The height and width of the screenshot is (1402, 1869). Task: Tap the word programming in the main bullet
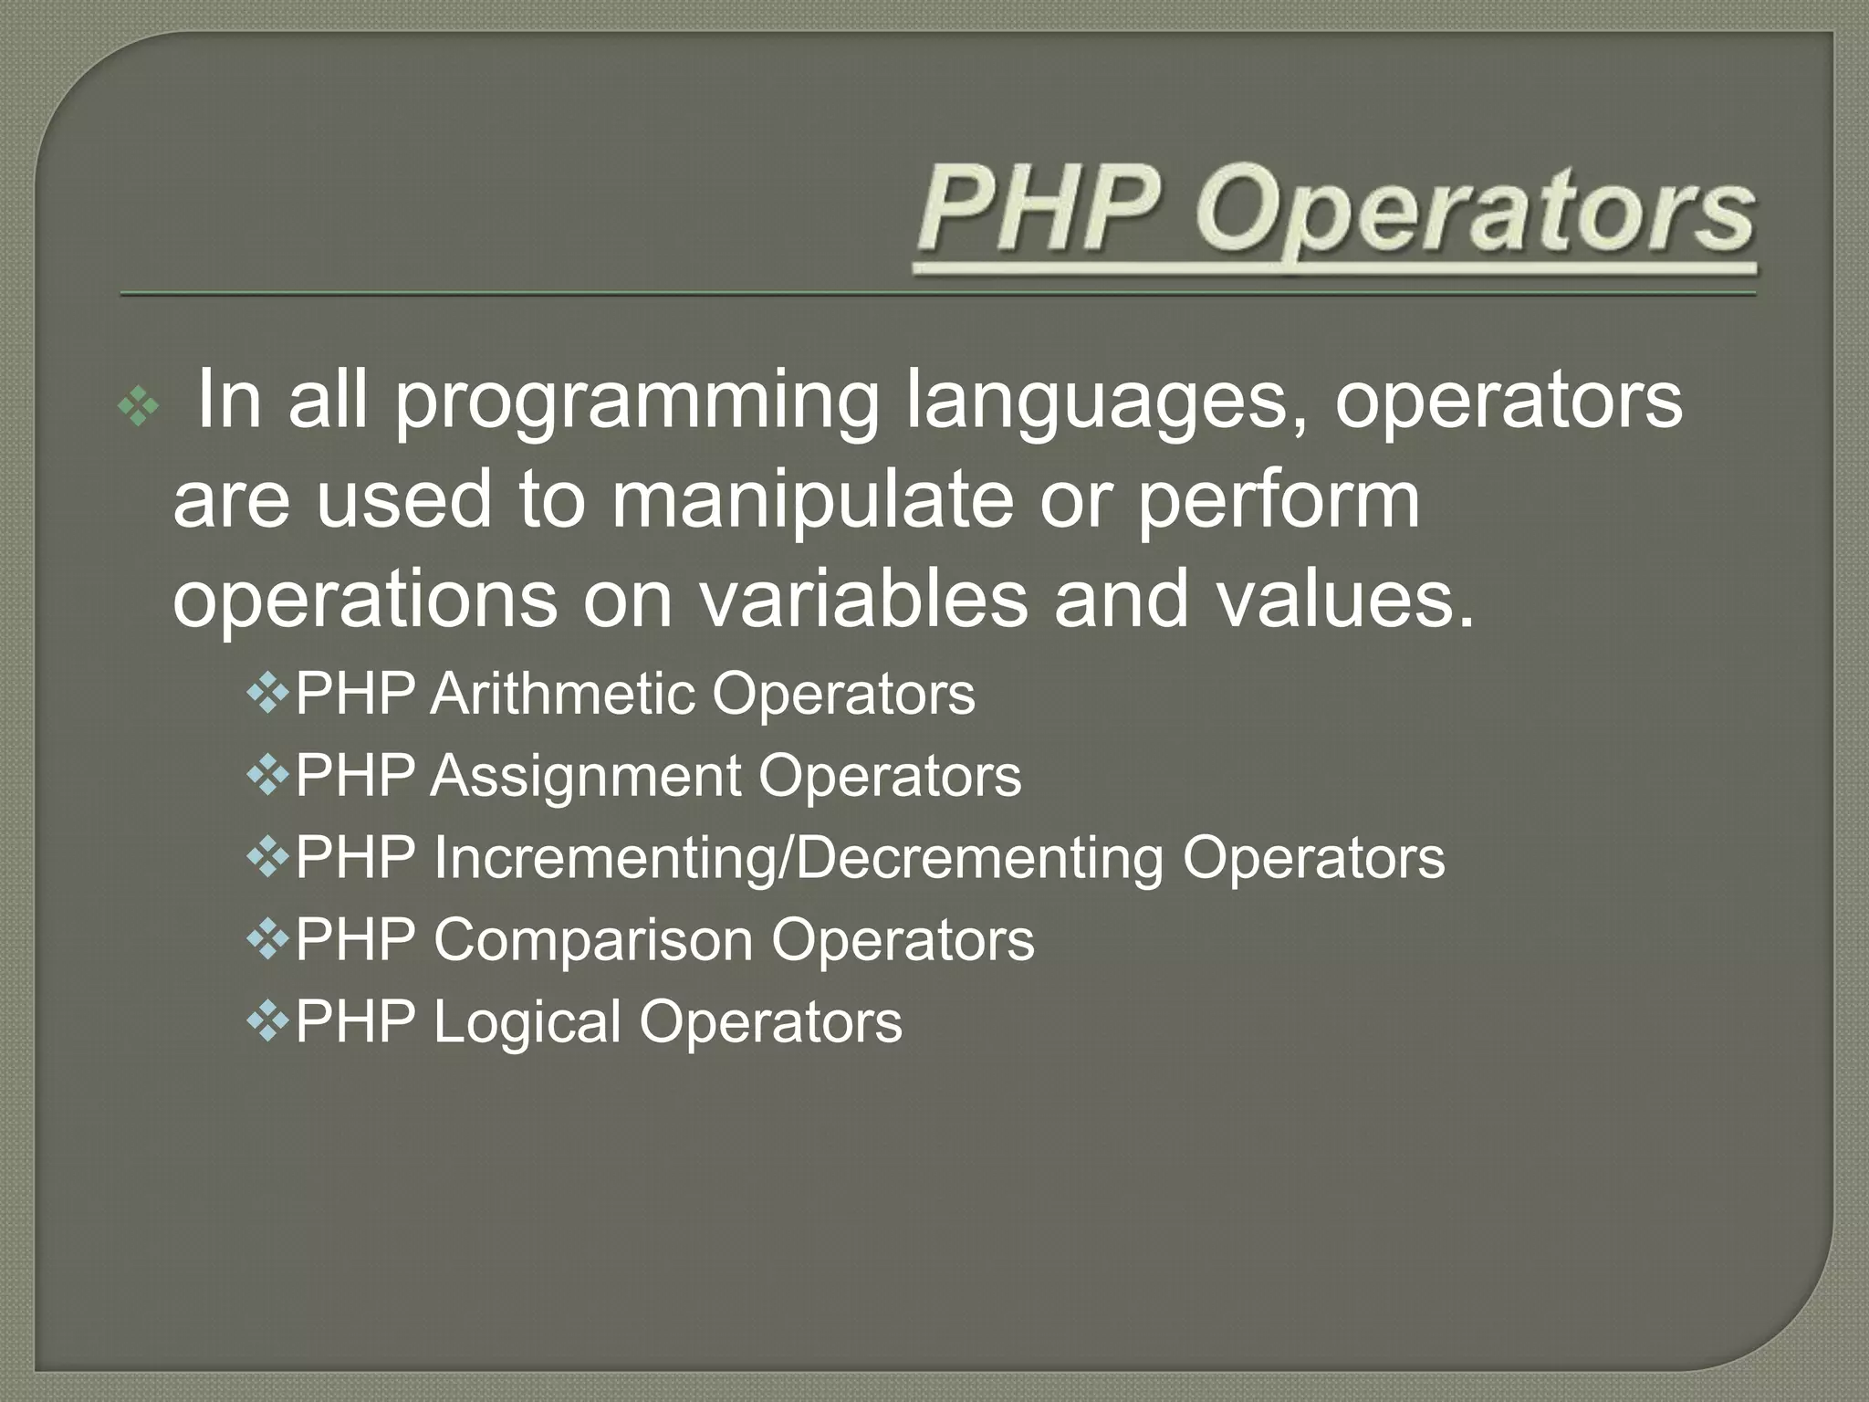[637, 402]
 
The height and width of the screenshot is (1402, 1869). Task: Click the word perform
[1278, 502]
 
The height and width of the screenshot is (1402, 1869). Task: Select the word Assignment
[586, 777]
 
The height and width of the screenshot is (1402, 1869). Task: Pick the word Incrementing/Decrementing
[798, 858]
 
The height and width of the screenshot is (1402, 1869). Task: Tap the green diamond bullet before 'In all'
[139, 407]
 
